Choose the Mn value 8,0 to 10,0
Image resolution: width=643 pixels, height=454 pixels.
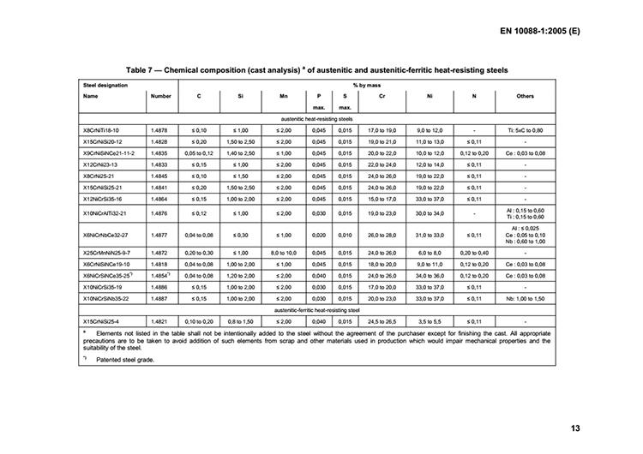pos(284,254)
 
